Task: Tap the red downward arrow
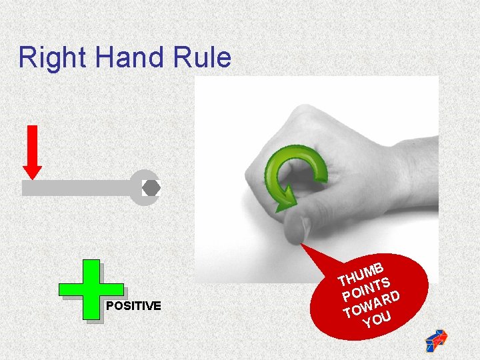(x=32, y=150)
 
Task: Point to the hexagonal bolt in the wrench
(x=151, y=188)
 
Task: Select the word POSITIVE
(x=133, y=306)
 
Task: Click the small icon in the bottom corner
(x=437, y=340)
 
